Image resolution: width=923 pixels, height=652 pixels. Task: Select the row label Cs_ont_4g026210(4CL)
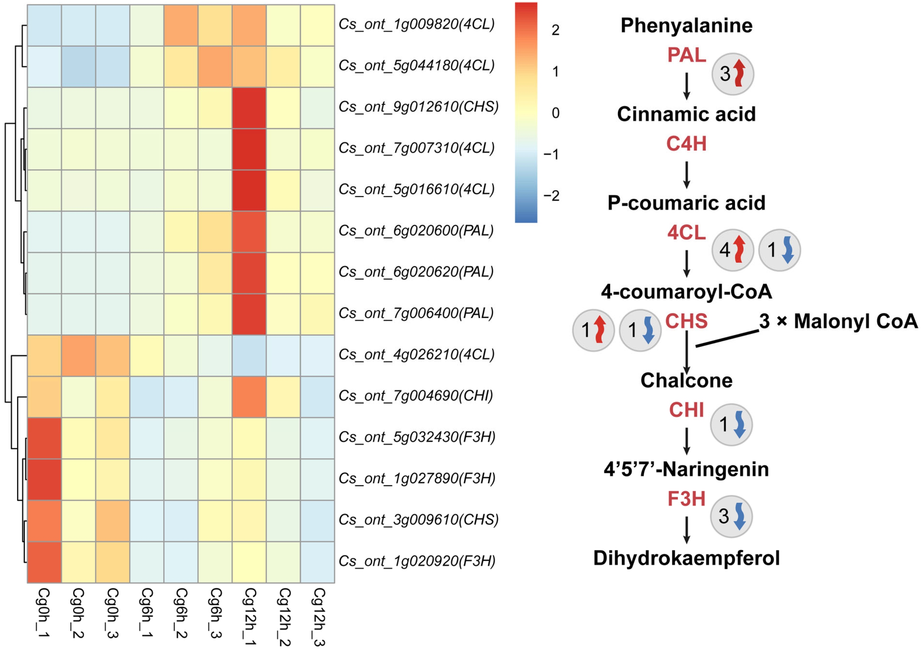tap(416, 355)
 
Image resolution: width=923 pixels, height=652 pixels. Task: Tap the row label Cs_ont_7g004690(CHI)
tap(416, 396)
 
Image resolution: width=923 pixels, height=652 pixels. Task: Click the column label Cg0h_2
tap(78, 613)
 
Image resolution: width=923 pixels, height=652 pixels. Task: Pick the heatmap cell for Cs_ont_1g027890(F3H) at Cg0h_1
tap(44, 479)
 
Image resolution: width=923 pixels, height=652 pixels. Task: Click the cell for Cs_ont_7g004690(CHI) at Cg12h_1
tap(249, 397)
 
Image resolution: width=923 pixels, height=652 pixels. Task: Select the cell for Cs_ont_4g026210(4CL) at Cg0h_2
tap(78, 355)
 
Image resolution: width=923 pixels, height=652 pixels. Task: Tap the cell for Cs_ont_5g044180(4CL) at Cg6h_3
tap(215, 66)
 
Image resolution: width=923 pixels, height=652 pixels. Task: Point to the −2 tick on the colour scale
tap(551, 196)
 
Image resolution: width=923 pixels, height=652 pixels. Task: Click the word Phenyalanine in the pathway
tap(686, 26)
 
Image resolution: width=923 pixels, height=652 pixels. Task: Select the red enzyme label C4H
tap(686, 144)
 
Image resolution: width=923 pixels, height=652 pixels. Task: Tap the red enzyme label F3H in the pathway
tap(686, 499)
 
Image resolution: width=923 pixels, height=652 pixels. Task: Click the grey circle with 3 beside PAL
tap(732, 74)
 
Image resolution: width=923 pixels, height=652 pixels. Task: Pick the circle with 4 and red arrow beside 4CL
tap(732, 250)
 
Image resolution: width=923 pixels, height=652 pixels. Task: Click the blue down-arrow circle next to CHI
tap(731, 424)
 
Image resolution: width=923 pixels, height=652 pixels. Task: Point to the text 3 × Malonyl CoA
tap(838, 321)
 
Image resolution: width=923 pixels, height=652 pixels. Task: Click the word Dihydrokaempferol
tap(686, 558)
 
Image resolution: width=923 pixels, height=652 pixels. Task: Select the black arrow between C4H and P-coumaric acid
tap(687, 175)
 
